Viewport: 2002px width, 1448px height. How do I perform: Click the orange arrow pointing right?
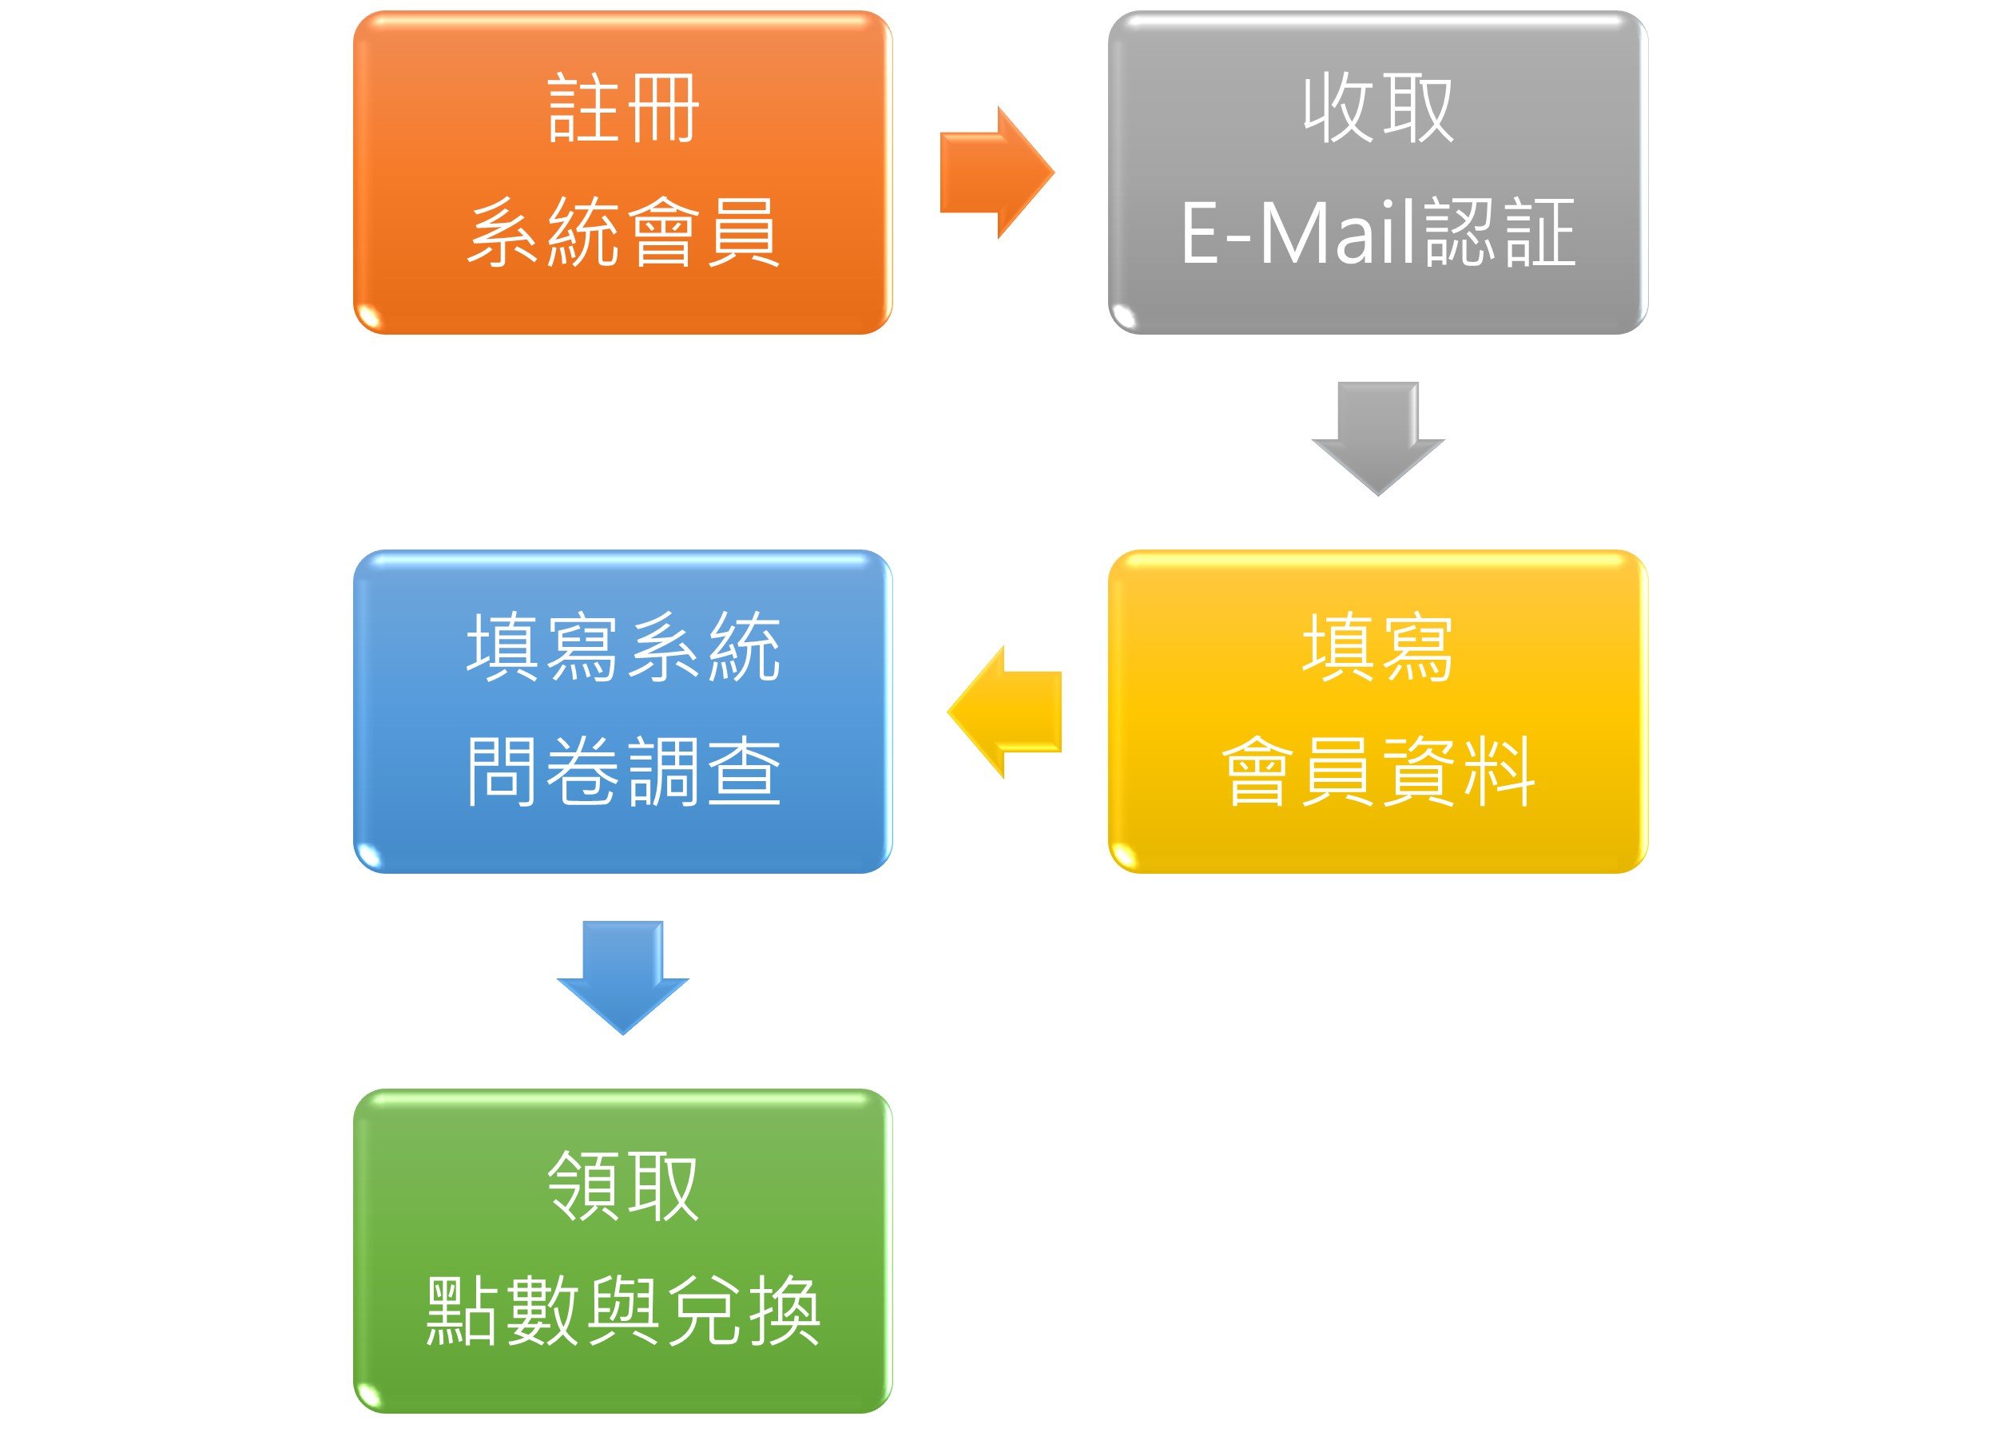pos(995,173)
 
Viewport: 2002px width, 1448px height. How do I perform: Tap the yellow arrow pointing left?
pos(1006,711)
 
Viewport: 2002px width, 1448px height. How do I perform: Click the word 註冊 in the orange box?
pos(622,109)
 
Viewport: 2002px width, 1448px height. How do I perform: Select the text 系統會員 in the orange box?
pos(622,232)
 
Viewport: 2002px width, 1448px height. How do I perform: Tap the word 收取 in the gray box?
pos(1377,109)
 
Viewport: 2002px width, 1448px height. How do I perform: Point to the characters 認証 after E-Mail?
pos(1499,233)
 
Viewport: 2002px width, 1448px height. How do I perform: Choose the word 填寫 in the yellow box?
pos(1377,648)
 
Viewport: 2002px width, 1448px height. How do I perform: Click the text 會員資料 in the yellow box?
pos(1377,772)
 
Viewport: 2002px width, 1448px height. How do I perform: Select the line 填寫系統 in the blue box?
pos(622,648)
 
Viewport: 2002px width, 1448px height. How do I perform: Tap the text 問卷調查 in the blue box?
pos(622,772)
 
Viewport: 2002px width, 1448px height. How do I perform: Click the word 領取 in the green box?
pos(622,1187)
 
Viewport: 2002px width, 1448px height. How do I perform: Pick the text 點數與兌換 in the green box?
pos(622,1311)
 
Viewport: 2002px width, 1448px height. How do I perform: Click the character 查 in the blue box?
pos(743,772)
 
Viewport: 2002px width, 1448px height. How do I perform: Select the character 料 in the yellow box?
pos(1498,772)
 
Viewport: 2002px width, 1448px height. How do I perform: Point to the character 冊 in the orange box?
pos(662,109)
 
